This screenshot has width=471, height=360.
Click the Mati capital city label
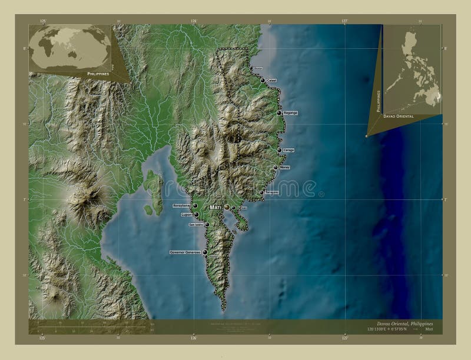(215, 208)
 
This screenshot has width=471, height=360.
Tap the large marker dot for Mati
(227, 207)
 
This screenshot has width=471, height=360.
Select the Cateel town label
(271, 80)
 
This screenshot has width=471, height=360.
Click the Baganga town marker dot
(279, 113)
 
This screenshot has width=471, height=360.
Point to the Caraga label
(288, 151)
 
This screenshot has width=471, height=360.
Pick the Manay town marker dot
(275, 168)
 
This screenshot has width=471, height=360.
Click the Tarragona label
(271, 192)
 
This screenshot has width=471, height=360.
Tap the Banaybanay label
(181, 206)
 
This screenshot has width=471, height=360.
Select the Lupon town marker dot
(196, 215)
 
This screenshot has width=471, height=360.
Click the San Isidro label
(195, 225)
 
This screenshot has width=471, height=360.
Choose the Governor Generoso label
(185, 252)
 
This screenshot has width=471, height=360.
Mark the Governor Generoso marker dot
(205, 252)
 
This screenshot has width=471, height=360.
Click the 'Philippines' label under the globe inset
(97, 75)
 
